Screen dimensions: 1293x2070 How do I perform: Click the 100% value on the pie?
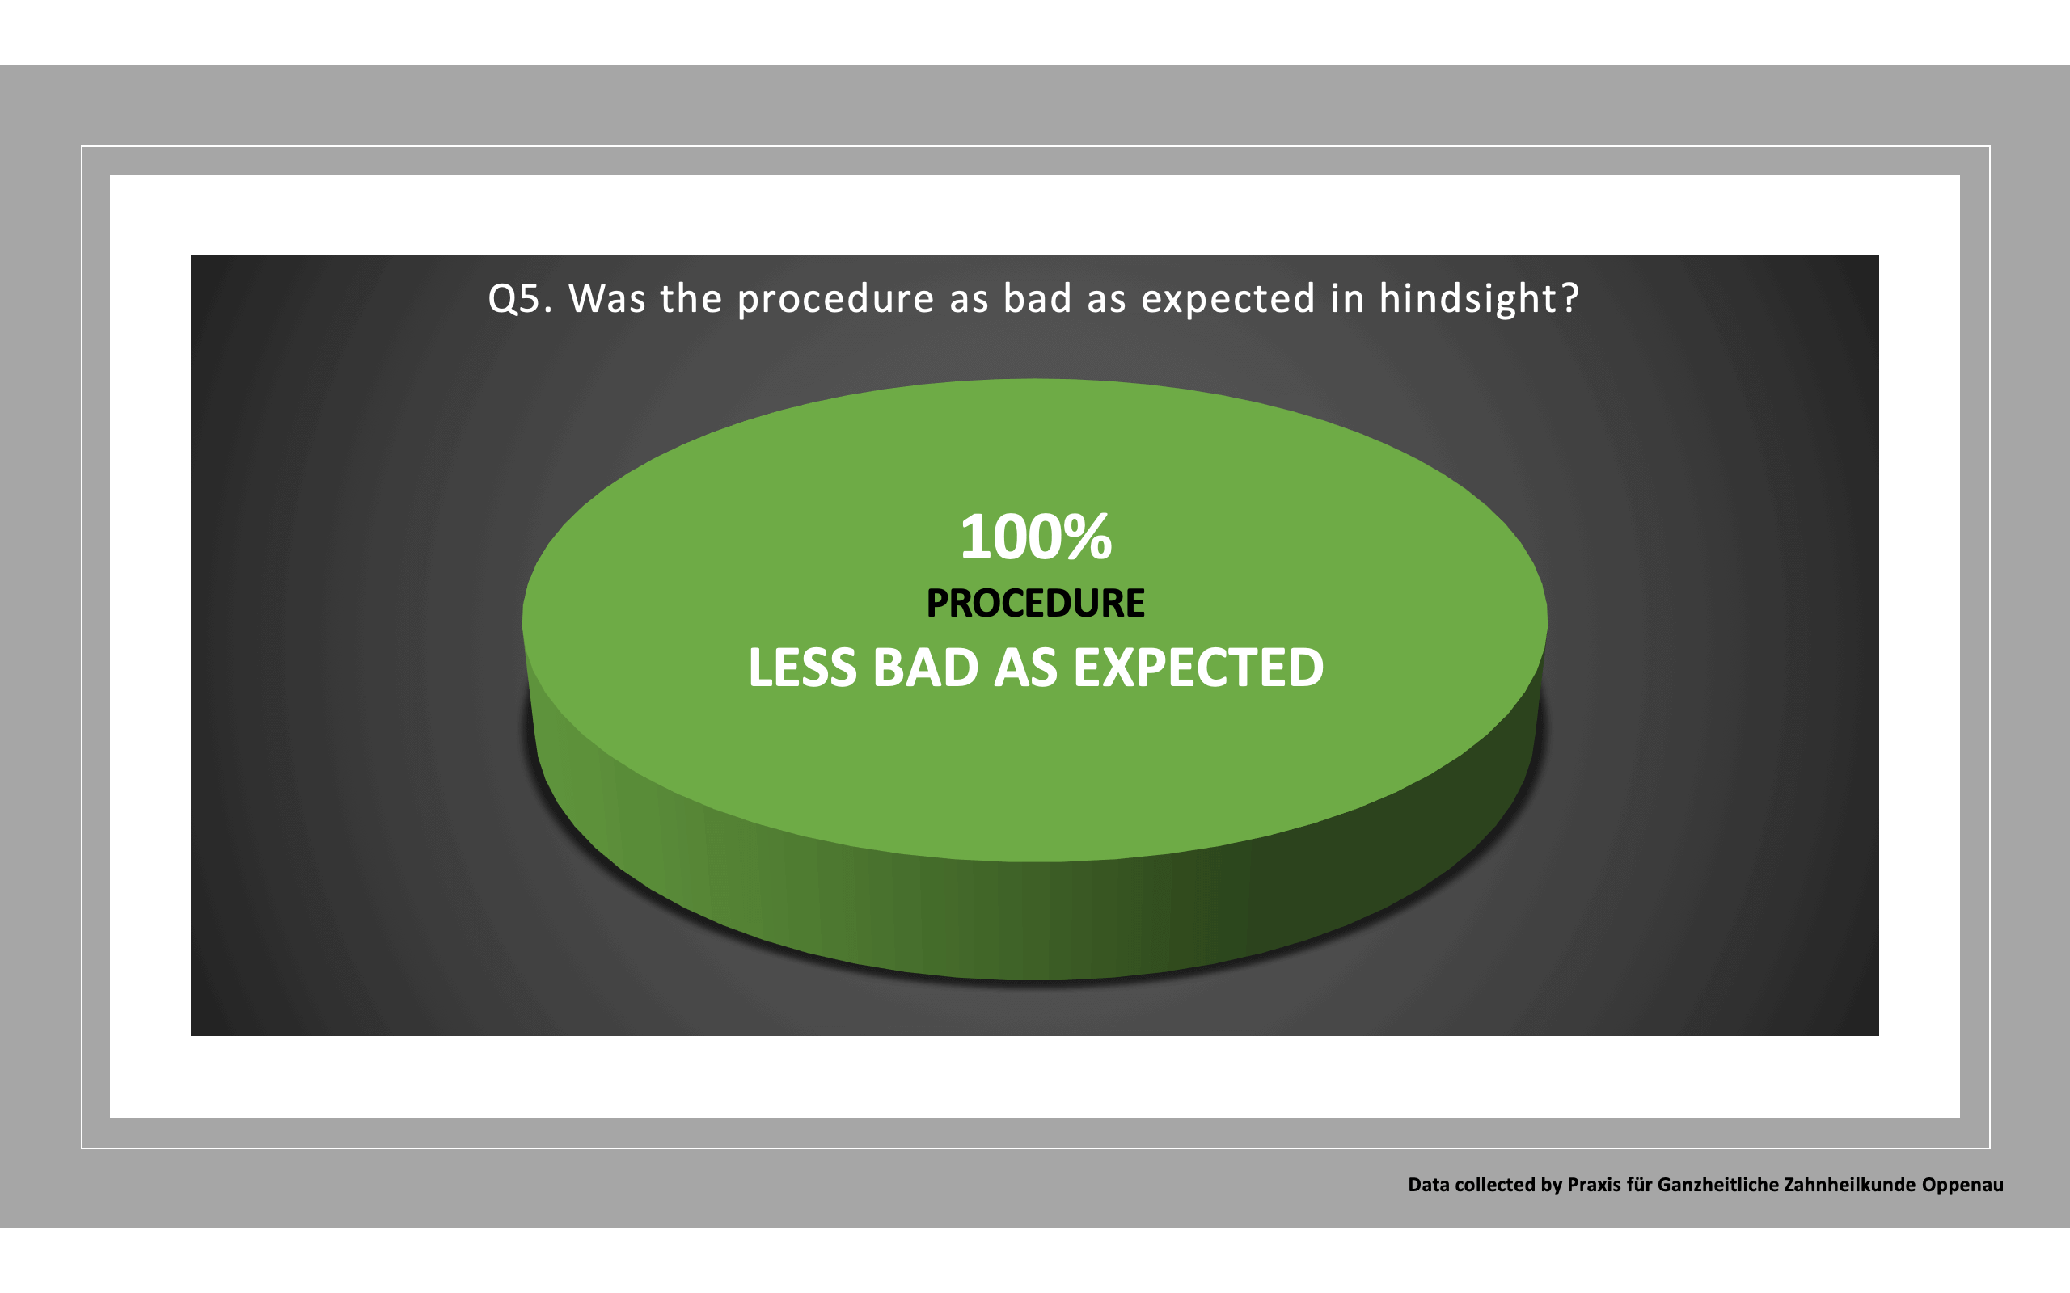coord(1036,537)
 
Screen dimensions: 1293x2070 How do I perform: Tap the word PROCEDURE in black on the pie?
coord(1035,603)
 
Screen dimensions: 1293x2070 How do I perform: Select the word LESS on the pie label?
coord(801,668)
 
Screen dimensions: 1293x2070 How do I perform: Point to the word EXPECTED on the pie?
coord(1198,668)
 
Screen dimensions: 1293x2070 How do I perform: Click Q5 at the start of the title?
coord(514,298)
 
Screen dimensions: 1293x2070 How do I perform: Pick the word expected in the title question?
coord(1227,298)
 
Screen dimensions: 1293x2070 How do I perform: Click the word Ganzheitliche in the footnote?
coord(1705,1185)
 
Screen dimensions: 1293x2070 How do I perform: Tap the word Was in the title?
coord(607,298)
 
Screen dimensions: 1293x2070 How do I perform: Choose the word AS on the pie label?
coord(1025,668)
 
